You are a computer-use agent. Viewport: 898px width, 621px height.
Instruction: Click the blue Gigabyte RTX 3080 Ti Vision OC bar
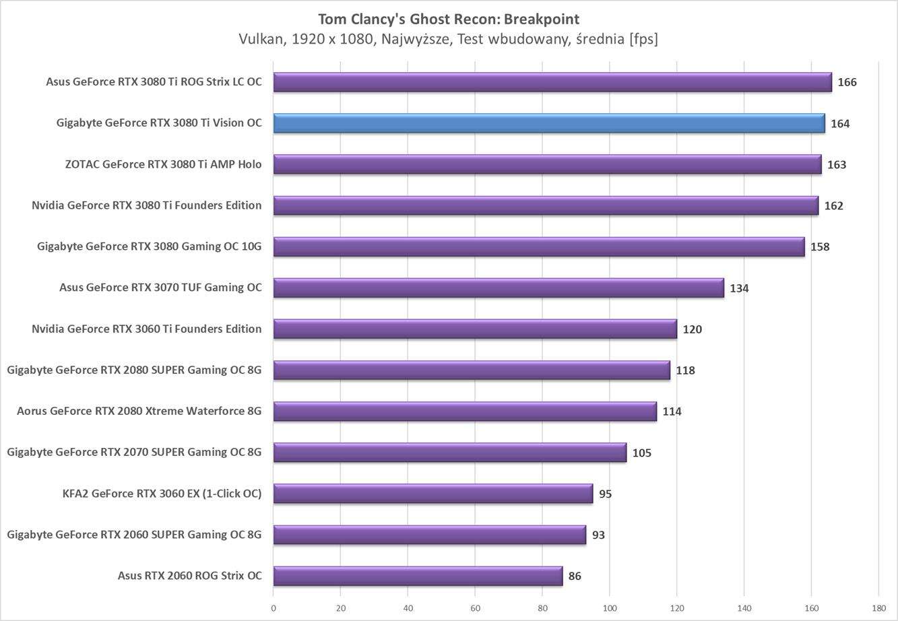tap(549, 123)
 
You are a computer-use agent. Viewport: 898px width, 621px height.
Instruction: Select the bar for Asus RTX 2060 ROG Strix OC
tap(418, 576)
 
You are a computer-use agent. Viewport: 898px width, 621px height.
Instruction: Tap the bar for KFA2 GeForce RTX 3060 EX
tap(432, 494)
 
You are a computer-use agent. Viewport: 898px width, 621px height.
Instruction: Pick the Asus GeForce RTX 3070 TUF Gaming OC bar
tap(499, 288)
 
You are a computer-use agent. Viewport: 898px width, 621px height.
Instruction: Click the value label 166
tap(847, 82)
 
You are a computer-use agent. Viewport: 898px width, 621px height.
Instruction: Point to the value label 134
tap(739, 288)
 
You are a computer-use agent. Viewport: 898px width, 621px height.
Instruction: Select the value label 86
tap(574, 576)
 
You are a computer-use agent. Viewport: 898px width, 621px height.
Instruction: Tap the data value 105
tap(641, 453)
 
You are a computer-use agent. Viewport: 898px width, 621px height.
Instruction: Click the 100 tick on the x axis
tap(610, 608)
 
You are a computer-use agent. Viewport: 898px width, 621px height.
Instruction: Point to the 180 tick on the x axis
tap(878, 608)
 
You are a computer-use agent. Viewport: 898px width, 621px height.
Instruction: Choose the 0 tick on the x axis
tap(274, 608)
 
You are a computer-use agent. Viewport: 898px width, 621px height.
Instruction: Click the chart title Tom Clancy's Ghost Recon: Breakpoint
tap(448, 18)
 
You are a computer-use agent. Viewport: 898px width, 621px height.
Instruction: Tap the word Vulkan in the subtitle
tap(261, 39)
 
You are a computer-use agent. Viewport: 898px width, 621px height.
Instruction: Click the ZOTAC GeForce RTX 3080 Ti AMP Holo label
tap(163, 164)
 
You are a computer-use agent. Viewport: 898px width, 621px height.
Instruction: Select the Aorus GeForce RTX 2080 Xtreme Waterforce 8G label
tap(139, 411)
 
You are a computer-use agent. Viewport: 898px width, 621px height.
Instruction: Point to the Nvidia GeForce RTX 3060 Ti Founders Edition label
tap(146, 329)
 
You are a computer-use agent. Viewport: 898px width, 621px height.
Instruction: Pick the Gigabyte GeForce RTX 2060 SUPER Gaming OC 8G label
tap(134, 535)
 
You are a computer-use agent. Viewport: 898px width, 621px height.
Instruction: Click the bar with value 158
tap(539, 247)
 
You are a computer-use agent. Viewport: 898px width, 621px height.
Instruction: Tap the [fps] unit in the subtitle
tap(643, 39)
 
